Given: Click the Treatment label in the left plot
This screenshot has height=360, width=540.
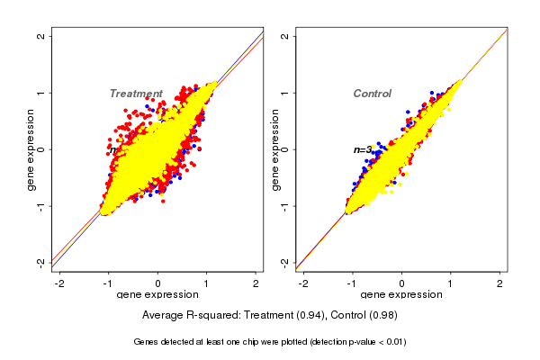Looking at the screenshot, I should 136,94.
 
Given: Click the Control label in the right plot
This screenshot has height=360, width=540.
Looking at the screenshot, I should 372,94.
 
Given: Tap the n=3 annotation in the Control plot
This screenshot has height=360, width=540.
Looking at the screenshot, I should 363,149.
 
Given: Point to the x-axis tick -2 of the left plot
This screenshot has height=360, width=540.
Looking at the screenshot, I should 60,284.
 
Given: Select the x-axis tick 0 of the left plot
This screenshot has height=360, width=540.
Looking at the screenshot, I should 158,284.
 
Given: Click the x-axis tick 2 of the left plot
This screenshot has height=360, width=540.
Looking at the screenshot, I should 256,284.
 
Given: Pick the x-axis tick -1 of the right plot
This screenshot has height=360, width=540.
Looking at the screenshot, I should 353,284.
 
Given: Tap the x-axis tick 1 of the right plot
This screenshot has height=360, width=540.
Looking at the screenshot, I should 451,284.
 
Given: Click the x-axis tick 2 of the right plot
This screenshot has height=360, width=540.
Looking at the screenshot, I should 499,284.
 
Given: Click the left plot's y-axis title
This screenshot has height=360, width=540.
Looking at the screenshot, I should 31,149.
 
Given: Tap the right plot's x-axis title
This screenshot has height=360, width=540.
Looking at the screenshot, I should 401,295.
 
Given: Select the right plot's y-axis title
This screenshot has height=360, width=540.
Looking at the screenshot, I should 274,149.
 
